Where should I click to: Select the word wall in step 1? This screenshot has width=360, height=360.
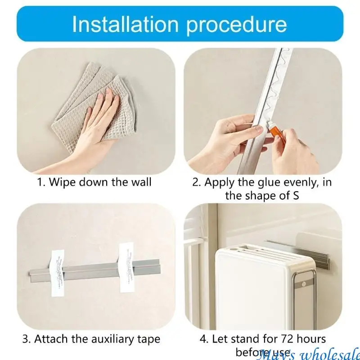pos(141,182)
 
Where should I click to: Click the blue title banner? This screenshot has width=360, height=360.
pos(180,24)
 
